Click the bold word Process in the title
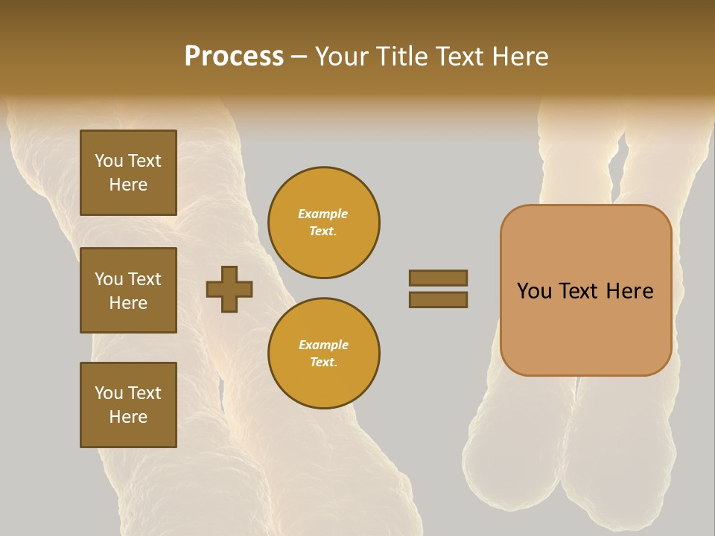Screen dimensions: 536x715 234,57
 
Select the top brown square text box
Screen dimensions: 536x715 128,173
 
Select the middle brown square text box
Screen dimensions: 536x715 128,290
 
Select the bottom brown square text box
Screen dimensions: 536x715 128,405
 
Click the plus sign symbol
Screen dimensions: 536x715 229,289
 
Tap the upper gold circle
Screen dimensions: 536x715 324,223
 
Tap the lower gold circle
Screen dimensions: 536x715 324,354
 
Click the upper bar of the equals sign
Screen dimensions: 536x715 439,278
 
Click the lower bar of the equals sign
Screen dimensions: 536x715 439,300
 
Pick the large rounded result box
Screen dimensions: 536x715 585,290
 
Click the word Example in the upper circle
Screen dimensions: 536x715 323,214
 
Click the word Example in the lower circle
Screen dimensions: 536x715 323,345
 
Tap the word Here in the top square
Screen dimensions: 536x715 128,185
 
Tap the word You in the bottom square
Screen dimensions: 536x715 109,393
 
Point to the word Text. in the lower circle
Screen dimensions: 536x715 323,363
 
